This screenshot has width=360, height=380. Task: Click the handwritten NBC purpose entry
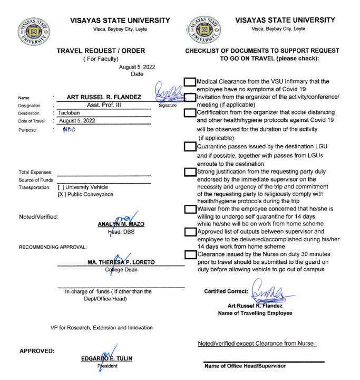click(x=69, y=130)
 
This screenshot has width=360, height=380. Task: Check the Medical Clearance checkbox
click(x=190, y=82)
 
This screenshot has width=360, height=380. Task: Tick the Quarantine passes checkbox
click(x=190, y=147)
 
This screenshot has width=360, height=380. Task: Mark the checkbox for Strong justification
click(x=190, y=172)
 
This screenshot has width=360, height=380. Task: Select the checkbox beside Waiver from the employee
click(x=190, y=210)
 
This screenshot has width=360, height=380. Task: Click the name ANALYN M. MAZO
click(x=122, y=224)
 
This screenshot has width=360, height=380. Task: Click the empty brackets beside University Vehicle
click(x=61, y=187)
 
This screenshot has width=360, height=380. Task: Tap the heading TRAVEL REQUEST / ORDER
click(x=101, y=51)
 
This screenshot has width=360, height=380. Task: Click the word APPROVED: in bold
click(x=37, y=350)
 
